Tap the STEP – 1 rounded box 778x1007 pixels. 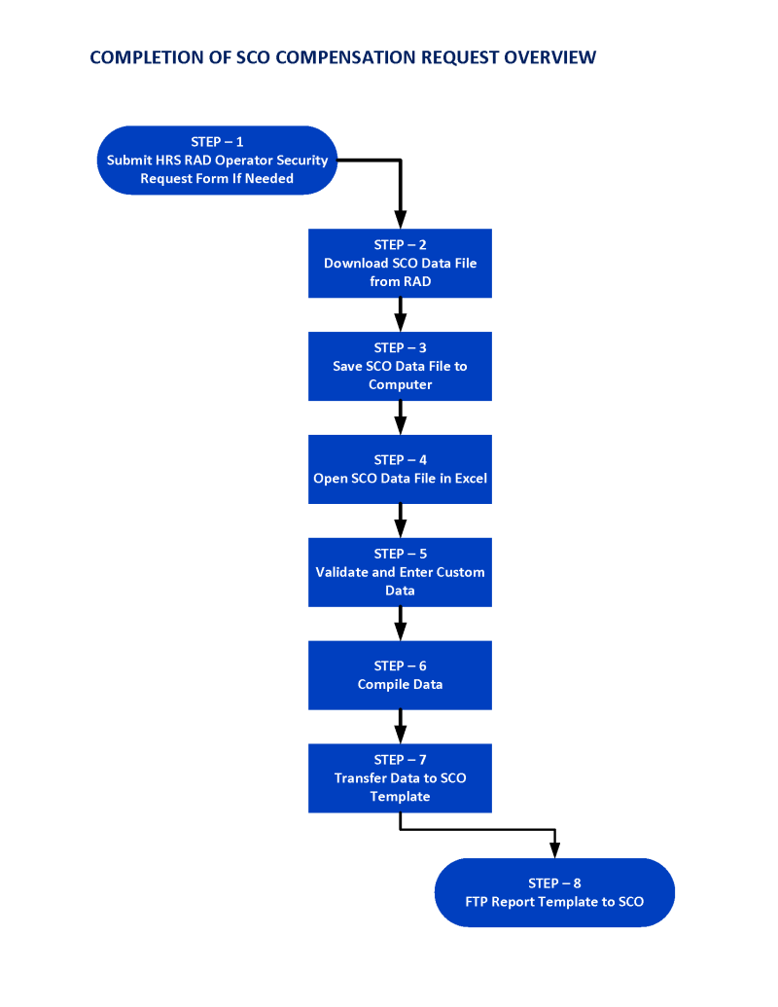217,161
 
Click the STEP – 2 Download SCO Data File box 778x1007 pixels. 400,263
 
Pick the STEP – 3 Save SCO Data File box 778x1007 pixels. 400,366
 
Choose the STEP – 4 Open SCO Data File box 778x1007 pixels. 400,469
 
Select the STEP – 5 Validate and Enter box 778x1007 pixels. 400,572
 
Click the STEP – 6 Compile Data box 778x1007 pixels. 400,674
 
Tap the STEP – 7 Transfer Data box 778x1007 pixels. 400,777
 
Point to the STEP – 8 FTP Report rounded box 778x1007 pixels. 554,892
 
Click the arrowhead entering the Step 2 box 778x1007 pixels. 400,220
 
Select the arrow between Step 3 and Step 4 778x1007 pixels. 400,418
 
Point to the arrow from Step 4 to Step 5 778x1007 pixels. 400,521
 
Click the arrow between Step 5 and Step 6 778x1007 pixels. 400,624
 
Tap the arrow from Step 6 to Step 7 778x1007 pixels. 400,727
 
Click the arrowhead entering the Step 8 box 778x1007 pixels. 554,849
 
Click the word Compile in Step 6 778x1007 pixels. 381,684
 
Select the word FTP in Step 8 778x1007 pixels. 477,902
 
